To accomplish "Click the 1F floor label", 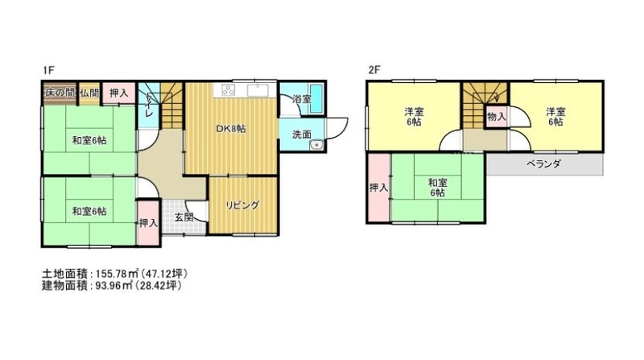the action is (47, 70).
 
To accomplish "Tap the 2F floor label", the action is (374, 70).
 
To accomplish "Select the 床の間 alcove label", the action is (60, 93).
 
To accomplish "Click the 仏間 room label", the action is (89, 93).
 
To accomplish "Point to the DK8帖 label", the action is (231, 129).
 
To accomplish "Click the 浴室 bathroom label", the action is (301, 99).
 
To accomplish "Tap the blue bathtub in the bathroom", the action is (316, 98).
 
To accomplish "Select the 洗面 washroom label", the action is (301, 134).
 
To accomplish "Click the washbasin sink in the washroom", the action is (316, 146).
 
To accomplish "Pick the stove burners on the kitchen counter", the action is (229, 90).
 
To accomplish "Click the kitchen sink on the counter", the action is (258, 90).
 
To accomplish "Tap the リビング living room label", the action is (243, 205).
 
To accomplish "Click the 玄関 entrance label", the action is (184, 217).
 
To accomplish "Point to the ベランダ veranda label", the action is (544, 164).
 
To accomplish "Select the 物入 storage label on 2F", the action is (496, 117).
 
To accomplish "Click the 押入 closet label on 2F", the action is (378, 188).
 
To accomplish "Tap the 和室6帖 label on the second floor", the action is (438, 188).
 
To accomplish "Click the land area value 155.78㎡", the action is (117, 273).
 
